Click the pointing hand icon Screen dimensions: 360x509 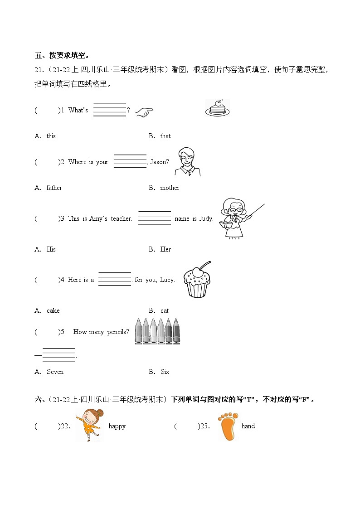(x=144, y=112)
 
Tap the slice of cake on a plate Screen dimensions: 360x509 (x=218, y=108)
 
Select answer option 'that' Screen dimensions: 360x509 (x=165, y=136)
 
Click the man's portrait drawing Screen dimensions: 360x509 (x=188, y=162)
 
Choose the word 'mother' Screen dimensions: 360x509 (x=170, y=188)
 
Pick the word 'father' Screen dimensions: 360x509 (x=54, y=188)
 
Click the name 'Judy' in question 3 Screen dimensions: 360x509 (x=206, y=218)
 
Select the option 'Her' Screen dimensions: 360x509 (x=165, y=249)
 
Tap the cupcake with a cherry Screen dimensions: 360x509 (x=197, y=280)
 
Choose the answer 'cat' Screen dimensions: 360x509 (x=165, y=310)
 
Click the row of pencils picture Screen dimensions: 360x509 (x=157, y=331)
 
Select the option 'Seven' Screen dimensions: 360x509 (x=55, y=372)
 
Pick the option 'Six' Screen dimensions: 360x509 (x=165, y=372)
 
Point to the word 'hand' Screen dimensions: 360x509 (x=248, y=426)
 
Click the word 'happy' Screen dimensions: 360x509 (x=117, y=427)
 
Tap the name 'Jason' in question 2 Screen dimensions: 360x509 (x=158, y=162)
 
